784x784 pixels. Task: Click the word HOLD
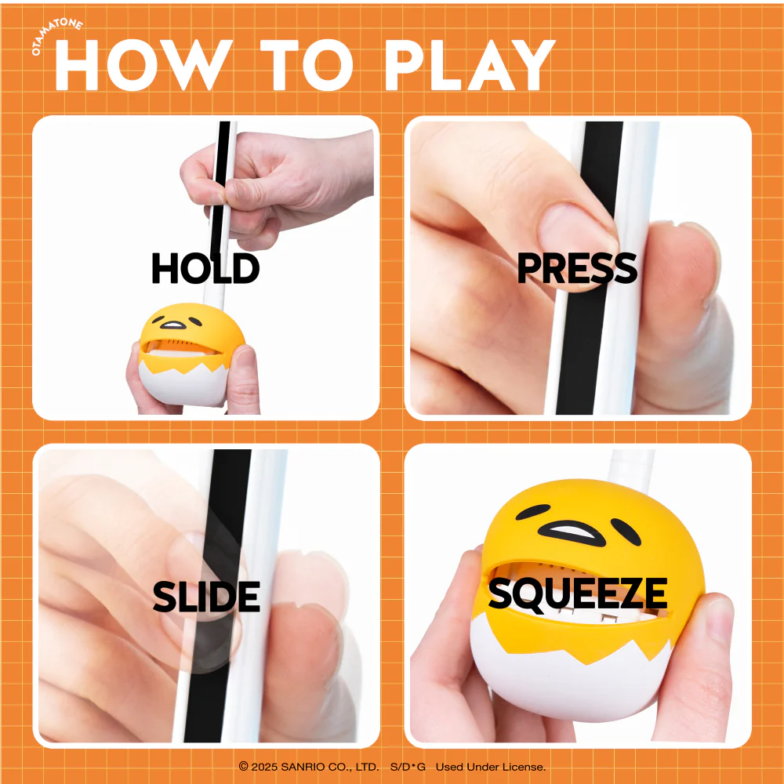205,268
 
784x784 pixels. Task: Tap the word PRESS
577,268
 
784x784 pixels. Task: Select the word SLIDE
206,597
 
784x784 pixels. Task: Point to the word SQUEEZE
578,593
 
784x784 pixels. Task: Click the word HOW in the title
143,65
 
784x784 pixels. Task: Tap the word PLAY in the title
470,65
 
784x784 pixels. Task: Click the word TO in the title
307,65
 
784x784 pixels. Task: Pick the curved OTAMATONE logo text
56,35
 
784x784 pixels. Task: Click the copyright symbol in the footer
244,766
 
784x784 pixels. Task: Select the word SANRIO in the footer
299,767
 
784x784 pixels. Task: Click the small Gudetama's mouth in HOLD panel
173,325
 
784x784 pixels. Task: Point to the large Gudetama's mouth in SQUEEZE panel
571,533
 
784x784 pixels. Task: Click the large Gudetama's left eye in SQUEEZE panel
533,511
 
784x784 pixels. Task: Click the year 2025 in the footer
264,767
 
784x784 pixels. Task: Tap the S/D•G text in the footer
408,767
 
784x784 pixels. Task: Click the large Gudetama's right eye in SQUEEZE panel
626,532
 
